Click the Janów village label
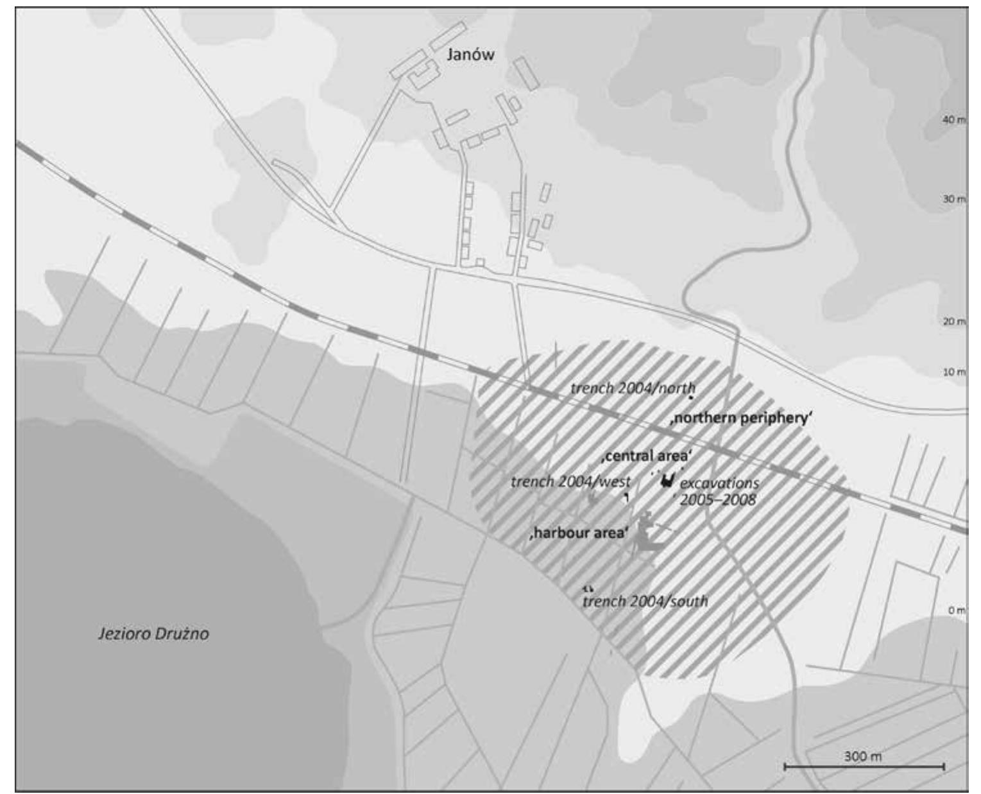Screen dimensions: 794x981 (x=470, y=55)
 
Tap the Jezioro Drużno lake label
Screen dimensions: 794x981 (x=153, y=634)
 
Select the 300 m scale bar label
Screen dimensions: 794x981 (x=863, y=756)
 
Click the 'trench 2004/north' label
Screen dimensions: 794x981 (x=633, y=388)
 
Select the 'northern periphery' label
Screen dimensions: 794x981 (x=741, y=419)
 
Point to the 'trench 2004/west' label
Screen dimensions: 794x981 (x=570, y=481)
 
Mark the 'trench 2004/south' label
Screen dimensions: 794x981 (x=645, y=601)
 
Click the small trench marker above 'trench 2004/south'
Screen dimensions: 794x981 (x=588, y=588)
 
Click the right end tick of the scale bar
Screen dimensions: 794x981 (x=944, y=766)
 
